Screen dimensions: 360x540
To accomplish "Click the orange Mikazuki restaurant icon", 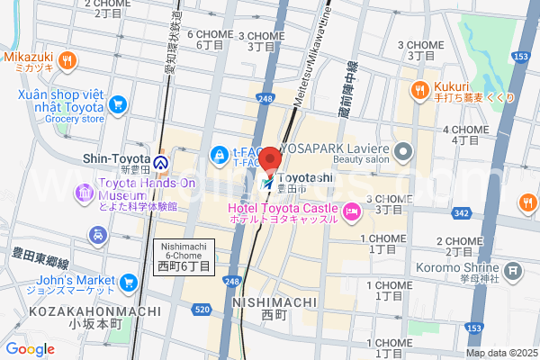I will tap(67, 61).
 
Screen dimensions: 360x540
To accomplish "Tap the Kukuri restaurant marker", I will tap(419, 89).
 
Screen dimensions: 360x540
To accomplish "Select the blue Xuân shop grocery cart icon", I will tap(117, 104).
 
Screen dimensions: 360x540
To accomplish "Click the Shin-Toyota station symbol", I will tap(161, 163).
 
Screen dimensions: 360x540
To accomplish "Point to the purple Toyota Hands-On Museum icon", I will tap(85, 191).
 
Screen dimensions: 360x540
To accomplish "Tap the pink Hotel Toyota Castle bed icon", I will tap(352, 213).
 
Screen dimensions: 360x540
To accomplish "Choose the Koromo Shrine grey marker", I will tap(513, 270).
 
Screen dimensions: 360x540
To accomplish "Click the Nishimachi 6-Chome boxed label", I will tap(184, 257).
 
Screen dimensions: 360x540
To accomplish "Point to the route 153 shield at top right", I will tap(519, 56).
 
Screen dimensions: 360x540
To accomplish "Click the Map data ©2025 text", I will tap(500, 353).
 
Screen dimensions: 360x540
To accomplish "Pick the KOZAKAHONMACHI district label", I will tap(58, 310).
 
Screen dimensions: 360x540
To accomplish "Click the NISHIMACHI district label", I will tap(273, 303).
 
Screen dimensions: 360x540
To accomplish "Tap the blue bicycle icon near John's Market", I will tap(96, 236).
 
